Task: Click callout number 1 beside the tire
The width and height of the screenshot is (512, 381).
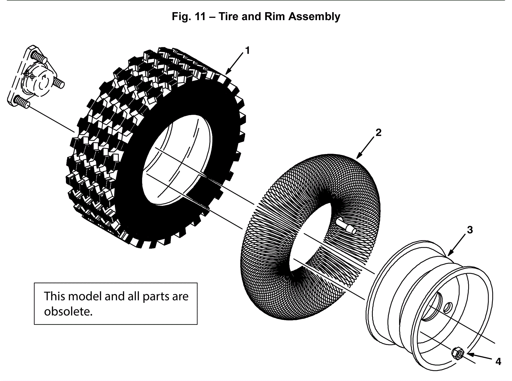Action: (247, 51)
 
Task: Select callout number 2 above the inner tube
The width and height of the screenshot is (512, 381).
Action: (378, 132)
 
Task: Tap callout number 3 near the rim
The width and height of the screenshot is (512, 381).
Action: (470, 230)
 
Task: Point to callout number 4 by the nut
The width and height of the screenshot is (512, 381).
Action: (498, 362)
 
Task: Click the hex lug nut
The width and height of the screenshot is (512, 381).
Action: (458, 354)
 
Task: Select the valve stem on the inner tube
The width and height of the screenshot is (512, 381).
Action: (347, 228)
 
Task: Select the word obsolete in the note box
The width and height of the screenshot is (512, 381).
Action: (68, 311)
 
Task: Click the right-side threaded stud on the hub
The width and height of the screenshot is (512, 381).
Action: (59, 83)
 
